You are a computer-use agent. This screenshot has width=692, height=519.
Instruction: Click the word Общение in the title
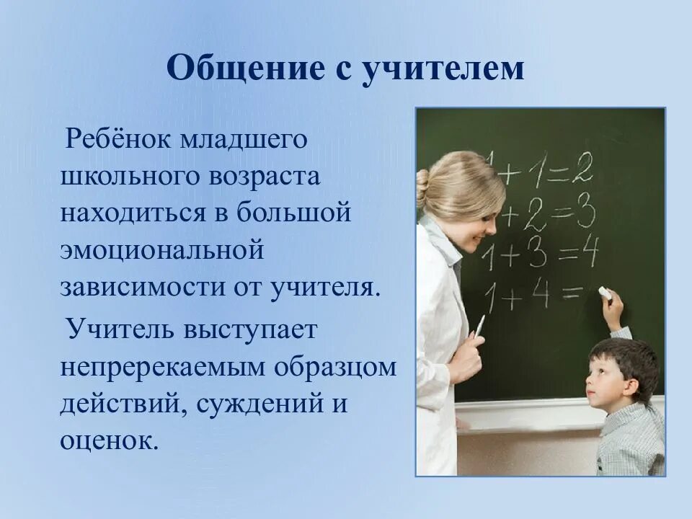tap(245, 68)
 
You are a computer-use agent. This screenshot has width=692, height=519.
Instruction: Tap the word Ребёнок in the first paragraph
tap(117, 139)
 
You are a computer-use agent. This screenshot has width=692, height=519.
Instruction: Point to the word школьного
tap(130, 177)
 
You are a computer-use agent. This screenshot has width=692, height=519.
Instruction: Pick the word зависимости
tap(142, 288)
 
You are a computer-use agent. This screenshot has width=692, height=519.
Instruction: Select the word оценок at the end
tap(109, 440)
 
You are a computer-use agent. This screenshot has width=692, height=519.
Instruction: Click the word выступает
tap(249, 330)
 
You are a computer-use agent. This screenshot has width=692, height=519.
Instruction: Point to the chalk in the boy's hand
tap(604, 292)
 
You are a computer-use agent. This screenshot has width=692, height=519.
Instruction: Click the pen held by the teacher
tap(480, 326)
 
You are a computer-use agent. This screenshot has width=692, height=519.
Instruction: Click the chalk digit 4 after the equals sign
tap(589, 252)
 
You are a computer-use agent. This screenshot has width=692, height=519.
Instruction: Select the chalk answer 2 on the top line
tap(582, 167)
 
